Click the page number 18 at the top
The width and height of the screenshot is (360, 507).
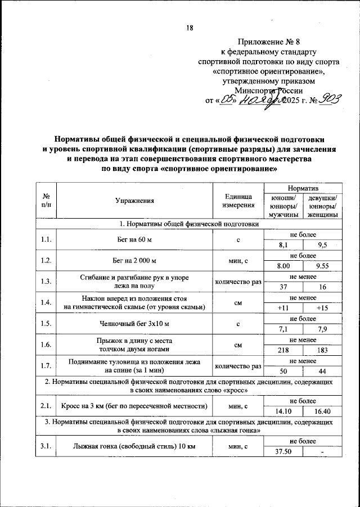190,29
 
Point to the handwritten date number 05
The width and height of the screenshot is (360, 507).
228,101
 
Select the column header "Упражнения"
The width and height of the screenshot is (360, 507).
134,201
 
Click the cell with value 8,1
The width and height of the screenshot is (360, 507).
283,245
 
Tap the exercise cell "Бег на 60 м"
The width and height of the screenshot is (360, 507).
134,241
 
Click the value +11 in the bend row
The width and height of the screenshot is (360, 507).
283,308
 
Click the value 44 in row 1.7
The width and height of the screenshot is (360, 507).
323,370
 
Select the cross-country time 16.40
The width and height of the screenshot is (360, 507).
323,411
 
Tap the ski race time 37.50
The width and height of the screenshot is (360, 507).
283,452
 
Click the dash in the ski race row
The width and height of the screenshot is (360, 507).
323,452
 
